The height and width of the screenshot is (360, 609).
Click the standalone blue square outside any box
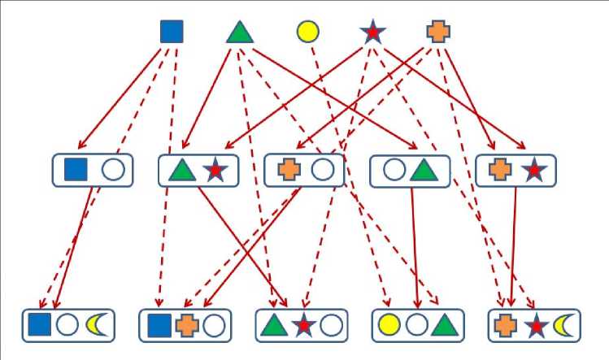pos(172,32)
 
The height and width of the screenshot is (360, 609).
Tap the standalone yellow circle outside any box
pos(307,32)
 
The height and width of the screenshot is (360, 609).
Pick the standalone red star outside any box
pos(372,32)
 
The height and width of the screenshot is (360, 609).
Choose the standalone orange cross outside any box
pos(438,32)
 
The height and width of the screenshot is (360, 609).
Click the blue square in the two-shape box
pos(76,170)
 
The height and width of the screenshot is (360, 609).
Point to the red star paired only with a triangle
pos(215,171)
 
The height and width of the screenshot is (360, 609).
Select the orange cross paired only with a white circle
pos(289,171)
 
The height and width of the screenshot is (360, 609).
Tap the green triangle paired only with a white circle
pos(424,170)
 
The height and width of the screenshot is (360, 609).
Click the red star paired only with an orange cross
pos(533,171)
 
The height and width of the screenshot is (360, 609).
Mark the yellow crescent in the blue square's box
pos(96,325)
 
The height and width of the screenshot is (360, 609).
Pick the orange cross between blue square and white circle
pos(187,325)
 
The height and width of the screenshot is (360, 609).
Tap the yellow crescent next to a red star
pos(562,325)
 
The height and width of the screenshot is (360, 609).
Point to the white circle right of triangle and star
pos(330,325)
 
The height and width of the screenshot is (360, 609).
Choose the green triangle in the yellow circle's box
pos(443,324)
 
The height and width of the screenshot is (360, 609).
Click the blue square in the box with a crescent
pos(40,325)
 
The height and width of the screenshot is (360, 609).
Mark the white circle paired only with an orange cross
pos(323,171)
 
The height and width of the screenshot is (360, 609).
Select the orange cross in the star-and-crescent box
pos(505,325)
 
